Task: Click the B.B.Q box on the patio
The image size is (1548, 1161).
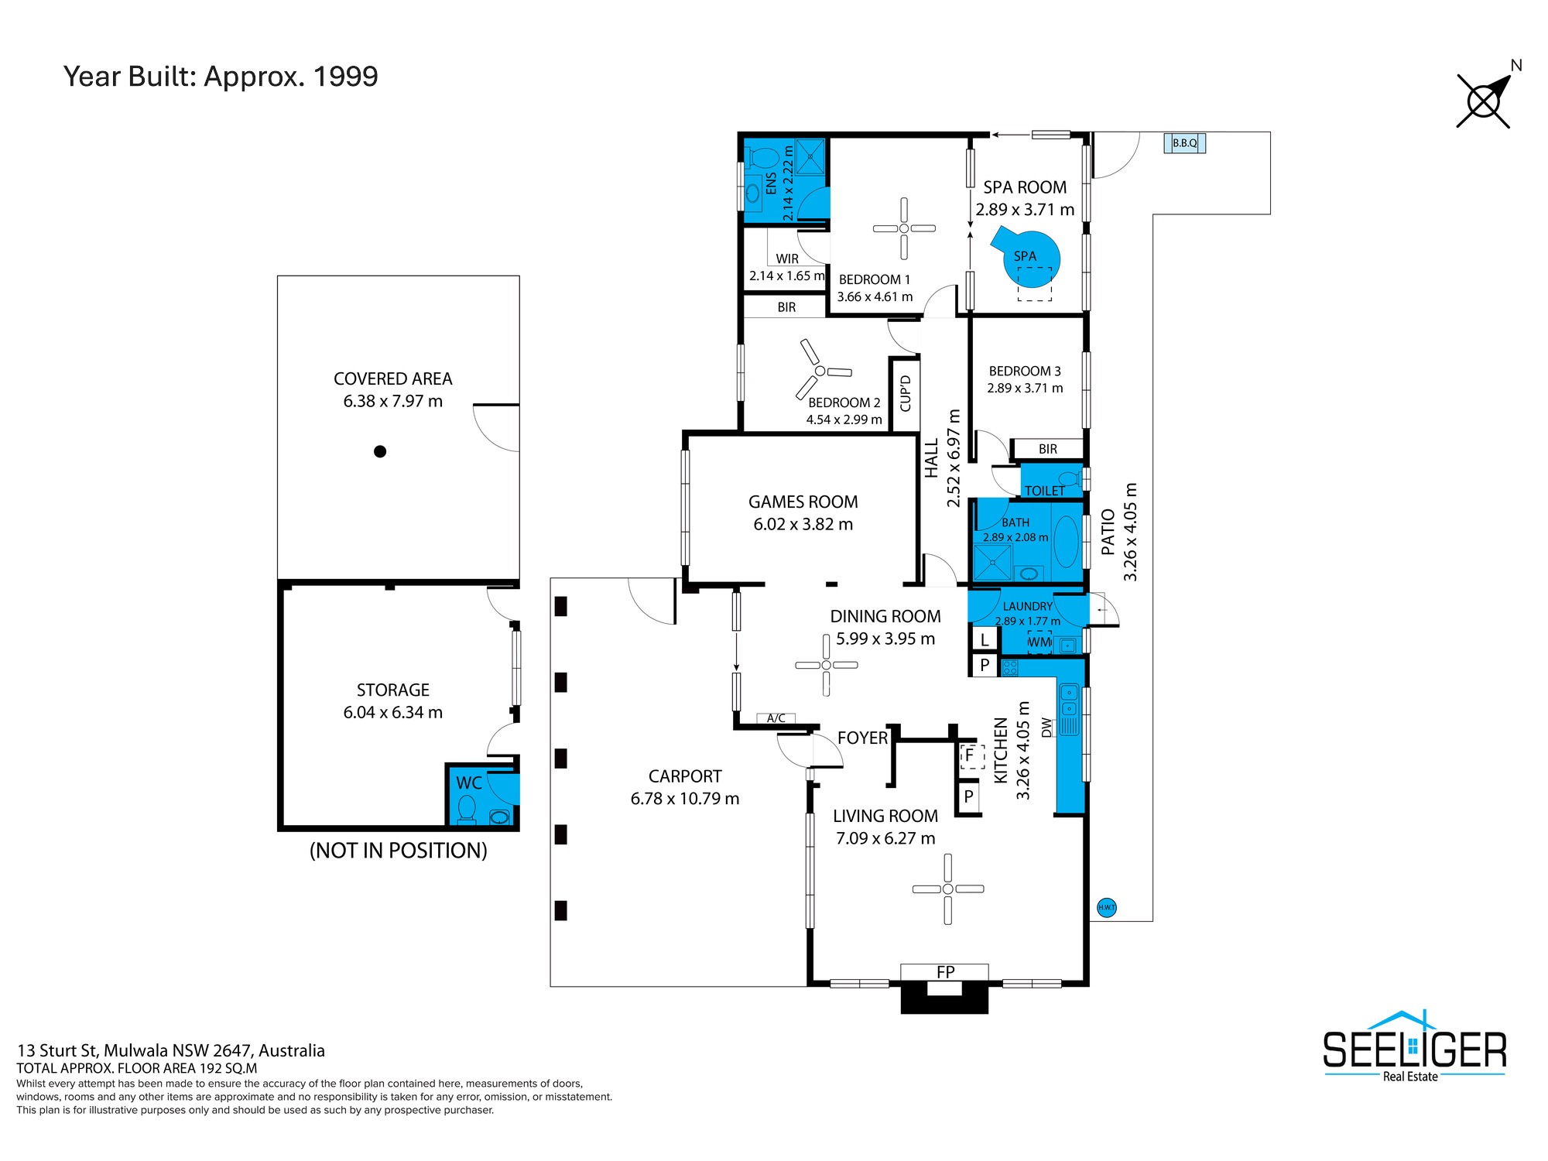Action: pos(1185,143)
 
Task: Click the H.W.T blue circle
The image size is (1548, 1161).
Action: pos(1107,907)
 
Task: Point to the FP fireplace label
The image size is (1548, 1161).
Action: pos(945,972)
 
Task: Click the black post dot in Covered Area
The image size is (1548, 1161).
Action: pos(380,451)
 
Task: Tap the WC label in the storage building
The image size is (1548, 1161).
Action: pos(469,783)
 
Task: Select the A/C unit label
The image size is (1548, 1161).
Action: pos(776,718)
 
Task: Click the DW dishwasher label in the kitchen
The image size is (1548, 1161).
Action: pos(1047,728)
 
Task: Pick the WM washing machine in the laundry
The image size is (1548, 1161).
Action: pos(1039,642)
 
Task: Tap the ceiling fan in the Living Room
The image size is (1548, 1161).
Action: pos(948,889)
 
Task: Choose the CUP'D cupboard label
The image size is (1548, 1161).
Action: pos(906,393)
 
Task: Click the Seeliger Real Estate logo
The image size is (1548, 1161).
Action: pos(1414,1047)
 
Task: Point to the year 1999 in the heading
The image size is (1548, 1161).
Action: pos(346,77)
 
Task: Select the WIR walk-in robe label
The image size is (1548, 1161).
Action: pos(787,259)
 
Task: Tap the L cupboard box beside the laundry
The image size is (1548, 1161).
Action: pos(985,639)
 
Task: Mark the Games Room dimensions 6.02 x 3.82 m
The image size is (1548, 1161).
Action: pos(803,524)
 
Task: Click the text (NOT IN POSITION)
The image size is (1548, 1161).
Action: pos(399,851)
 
